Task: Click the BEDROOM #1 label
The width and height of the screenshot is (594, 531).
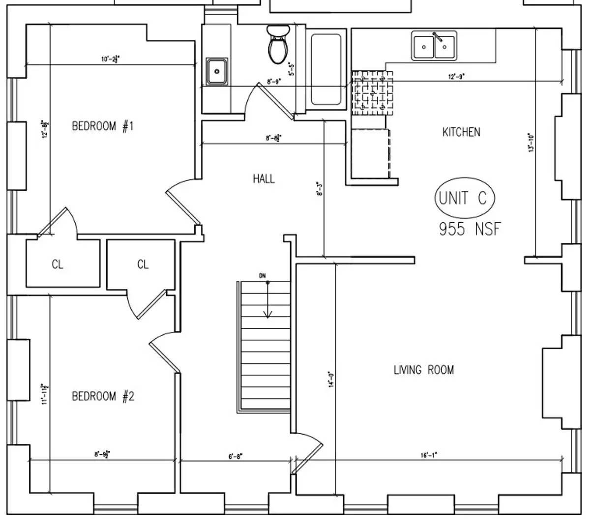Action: click(102, 126)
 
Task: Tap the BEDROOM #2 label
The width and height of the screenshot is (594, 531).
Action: click(102, 396)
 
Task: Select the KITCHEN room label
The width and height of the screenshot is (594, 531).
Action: click(461, 132)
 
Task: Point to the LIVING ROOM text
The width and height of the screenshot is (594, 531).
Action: click(423, 370)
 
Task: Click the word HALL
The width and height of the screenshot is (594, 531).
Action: click(264, 178)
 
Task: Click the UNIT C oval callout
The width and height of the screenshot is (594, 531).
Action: click(464, 198)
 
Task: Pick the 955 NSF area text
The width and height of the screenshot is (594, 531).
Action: click(470, 229)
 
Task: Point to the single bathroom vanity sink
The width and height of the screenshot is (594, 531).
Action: click(216, 71)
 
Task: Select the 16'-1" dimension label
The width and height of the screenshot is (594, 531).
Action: click(429, 455)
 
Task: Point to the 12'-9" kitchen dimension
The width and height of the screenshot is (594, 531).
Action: click(456, 76)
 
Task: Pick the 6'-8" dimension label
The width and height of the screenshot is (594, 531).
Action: click(236, 456)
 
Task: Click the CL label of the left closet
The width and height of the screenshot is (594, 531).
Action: click(58, 265)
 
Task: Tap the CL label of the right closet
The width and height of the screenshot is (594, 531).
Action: click(143, 265)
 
